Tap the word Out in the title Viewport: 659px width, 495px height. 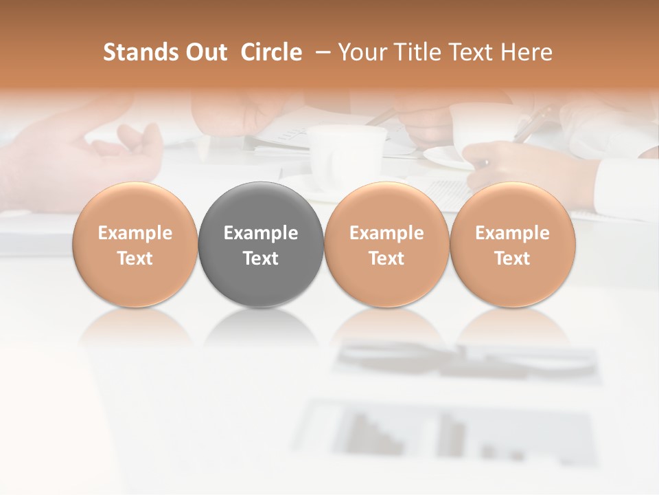tap(205, 52)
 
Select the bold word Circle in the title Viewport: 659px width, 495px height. tap(271, 52)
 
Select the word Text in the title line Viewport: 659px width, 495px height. tap(474, 52)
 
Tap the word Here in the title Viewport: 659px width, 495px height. tap(529, 52)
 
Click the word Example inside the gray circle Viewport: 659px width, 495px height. tap(261, 233)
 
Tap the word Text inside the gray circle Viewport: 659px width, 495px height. tap(261, 258)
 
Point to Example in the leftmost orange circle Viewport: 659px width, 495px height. tap(135, 233)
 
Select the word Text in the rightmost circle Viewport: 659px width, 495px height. tap(513, 258)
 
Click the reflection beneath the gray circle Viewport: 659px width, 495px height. tap(261, 327)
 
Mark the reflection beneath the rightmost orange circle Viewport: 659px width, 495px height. tap(513, 327)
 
